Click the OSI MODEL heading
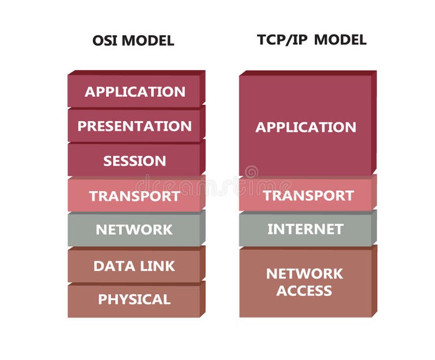(x=133, y=41)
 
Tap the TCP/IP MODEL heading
(x=312, y=40)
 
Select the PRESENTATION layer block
(x=134, y=126)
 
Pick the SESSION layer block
(x=134, y=161)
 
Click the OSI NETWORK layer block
(x=134, y=230)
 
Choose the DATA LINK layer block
(x=134, y=265)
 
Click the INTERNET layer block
(x=305, y=229)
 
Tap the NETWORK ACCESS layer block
(x=305, y=282)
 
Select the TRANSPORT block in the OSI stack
(x=134, y=196)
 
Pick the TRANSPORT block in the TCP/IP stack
(x=305, y=196)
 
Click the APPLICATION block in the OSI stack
(x=134, y=92)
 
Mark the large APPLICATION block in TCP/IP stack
(x=305, y=127)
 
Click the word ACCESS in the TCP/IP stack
(x=305, y=291)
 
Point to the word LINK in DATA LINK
(x=157, y=265)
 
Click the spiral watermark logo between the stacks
(x=251, y=172)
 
